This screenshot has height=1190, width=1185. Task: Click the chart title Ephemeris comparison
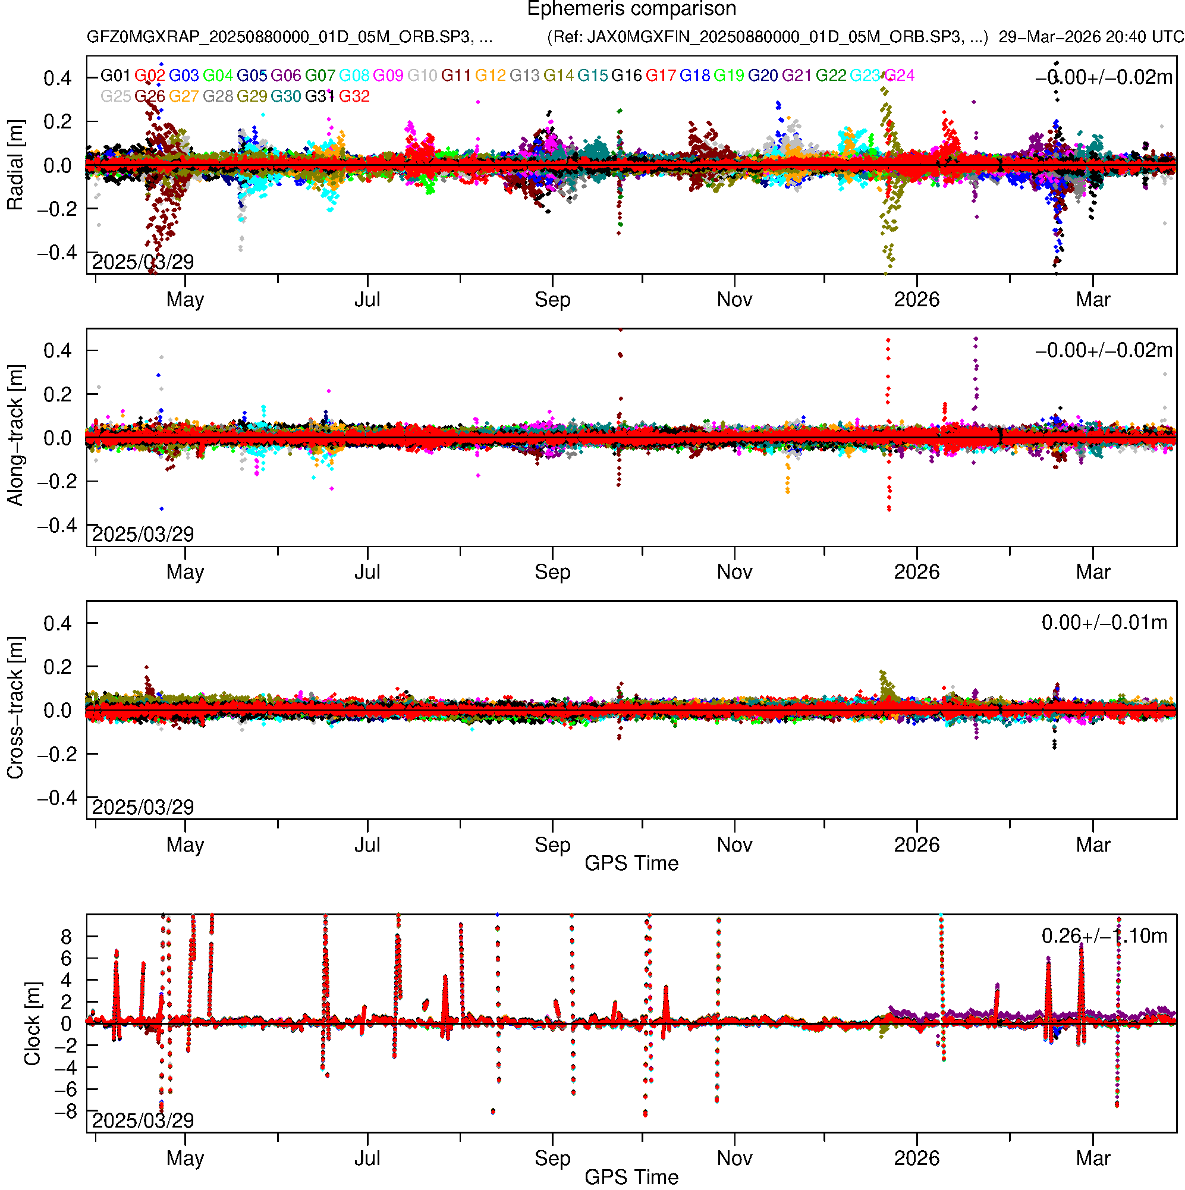(x=631, y=10)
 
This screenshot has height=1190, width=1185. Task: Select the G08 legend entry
(x=354, y=76)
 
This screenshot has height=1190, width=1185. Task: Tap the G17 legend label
(x=660, y=76)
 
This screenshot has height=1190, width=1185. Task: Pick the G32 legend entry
(x=354, y=97)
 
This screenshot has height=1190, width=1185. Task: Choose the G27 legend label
(x=184, y=97)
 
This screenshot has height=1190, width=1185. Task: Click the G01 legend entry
(x=115, y=76)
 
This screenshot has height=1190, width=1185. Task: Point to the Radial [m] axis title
(x=15, y=165)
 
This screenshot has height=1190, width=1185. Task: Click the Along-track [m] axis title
(x=15, y=435)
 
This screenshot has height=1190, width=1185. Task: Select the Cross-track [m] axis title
(x=15, y=708)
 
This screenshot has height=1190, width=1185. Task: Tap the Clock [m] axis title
(x=32, y=1023)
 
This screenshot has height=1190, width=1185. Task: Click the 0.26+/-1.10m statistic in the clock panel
(x=1104, y=936)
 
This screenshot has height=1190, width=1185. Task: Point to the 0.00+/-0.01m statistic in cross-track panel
(x=1104, y=623)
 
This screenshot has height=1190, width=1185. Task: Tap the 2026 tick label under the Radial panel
(x=916, y=300)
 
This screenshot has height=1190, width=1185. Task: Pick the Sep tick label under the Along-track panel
(x=552, y=572)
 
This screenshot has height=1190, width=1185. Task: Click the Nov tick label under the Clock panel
(x=734, y=1158)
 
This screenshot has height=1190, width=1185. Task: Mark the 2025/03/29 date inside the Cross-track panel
(x=143, y=807)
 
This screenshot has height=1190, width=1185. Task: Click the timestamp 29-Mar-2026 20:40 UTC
(x=1091, y=37)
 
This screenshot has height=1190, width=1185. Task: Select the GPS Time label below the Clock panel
(x=631, y=1178)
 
